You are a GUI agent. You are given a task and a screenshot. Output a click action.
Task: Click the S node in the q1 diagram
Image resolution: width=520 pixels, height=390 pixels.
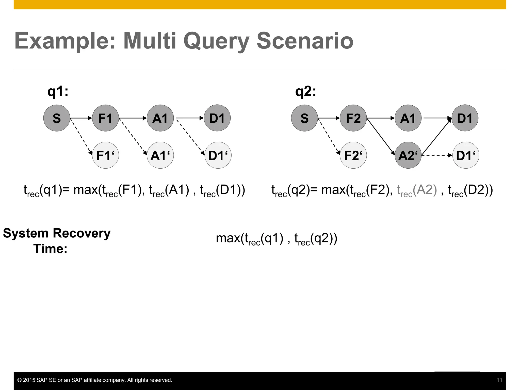tap(57, 118)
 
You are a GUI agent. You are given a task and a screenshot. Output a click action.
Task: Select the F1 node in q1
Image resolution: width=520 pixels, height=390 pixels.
tap(105, 118)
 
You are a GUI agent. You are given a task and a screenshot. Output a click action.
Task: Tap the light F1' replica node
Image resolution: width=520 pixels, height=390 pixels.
tap(105, 155)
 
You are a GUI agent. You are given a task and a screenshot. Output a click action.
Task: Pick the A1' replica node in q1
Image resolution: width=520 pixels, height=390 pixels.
tap(160, 155)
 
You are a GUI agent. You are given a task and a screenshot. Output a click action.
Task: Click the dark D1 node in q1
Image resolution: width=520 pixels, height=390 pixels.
tap(217, 118)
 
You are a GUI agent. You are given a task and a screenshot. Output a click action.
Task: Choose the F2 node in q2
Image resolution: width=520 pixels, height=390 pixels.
tap(353, 118)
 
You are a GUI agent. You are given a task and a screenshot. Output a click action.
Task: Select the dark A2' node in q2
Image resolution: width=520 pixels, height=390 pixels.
tap(408, 155)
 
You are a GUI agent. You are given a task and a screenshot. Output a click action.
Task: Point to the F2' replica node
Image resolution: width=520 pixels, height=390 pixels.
tap(353, 155)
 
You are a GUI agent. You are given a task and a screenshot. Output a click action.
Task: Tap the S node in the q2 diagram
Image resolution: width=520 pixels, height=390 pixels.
tap(304, 118)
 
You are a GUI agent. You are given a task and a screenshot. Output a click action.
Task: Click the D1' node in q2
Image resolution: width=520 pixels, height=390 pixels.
tap(466, 155)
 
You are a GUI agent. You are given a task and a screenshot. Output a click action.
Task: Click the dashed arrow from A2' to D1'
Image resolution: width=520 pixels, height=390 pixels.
tap(437, 155)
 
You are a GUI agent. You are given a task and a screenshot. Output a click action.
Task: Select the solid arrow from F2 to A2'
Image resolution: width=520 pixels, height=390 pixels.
tap(381, 137)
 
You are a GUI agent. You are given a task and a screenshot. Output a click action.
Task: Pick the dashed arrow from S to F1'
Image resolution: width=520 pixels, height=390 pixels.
tap(81, 136)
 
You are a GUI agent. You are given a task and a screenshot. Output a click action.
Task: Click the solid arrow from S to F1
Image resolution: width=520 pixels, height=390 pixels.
tap(81, 118)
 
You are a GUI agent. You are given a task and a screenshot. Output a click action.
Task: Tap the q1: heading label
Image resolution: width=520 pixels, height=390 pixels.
tap(58, 91)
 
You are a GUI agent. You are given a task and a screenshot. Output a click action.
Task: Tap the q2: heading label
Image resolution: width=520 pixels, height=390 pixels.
tap(306, 91)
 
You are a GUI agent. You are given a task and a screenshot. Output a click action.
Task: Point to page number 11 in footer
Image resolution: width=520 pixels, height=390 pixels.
tap(499, 380)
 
